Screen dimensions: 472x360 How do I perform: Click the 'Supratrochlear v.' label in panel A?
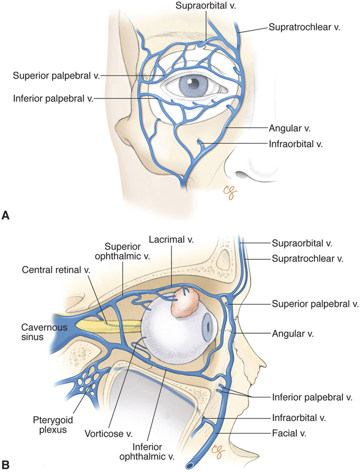pos(304,27)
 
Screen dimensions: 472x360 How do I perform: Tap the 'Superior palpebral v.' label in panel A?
pos(56,76)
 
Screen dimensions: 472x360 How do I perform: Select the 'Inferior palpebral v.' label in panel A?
pos(53,98)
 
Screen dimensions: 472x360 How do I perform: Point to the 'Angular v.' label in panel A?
pos(289,128)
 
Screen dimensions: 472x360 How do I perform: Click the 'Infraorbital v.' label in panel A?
pos(296,144)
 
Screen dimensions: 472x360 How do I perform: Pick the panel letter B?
pos(5,463)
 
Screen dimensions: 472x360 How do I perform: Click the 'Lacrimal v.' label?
pos(171,240)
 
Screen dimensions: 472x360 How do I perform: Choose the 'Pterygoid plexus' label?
pos(53,425)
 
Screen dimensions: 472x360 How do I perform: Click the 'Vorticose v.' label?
pos(109,434)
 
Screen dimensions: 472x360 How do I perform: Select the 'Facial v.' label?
pos(289,434)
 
